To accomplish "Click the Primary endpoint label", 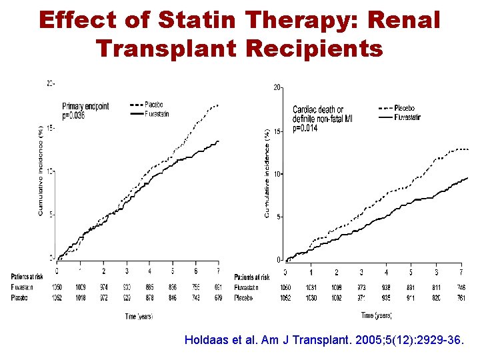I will [x=85, y=106].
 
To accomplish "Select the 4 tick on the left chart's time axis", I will [x=149, y=271].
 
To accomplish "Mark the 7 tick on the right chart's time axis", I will [x=461, y=273].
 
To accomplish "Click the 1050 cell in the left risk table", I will [x=57, y=286].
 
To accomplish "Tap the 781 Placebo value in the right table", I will [x=461, y=298].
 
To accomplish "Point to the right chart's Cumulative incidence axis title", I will [x=267, y=173].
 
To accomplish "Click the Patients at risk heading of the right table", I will [x=252, y=277].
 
